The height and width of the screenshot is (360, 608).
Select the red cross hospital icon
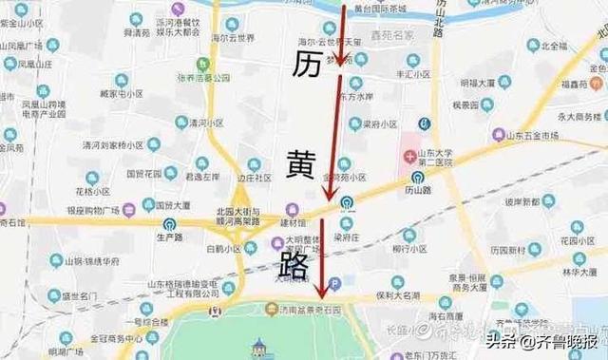pyautogui.click(x=409, y=155)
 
